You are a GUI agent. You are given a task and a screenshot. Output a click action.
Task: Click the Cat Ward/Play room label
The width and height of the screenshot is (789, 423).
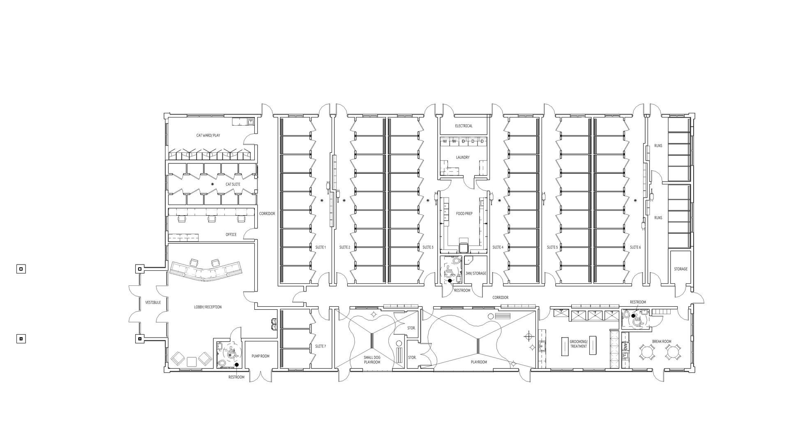(x=208, y=135)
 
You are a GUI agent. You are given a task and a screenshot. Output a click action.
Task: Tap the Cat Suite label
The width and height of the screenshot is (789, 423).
(x=233, y=184)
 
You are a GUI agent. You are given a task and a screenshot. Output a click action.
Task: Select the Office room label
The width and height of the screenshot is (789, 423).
(x=231, y=234)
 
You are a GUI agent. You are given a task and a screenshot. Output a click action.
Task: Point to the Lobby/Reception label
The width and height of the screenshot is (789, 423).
(x=208, y=307)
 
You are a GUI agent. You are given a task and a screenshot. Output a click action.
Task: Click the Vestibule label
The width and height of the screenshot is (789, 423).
(x=153, y=303)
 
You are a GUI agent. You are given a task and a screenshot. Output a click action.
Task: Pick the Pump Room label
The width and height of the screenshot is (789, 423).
(x=261, y=356)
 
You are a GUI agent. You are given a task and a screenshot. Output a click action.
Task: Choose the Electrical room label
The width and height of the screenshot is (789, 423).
(x=464, y=126)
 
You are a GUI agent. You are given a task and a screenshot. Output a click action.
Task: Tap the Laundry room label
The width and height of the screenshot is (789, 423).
(x=463, y=157)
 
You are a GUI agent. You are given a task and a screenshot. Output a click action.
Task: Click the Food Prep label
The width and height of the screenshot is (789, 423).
(x=464, y=214)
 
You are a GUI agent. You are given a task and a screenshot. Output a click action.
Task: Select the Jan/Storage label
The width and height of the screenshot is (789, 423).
(x=476, y=273)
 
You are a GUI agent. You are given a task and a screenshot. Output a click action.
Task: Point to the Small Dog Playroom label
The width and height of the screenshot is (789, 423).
(x=372, y=360)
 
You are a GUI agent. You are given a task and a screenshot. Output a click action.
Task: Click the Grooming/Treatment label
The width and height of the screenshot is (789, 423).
(x=579, y=344)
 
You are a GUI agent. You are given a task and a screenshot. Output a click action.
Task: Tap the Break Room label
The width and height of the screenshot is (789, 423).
(x=662, y=341)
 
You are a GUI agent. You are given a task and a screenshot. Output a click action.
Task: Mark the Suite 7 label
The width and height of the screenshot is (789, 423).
(x=321, y=346)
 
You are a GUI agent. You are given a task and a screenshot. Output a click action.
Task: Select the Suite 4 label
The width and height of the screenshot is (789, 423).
(x=498, y=247)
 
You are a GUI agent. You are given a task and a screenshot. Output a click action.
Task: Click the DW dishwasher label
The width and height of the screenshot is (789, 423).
(x=625, y=347)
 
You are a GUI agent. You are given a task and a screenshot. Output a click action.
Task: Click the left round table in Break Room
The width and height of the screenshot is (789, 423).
(x=647, y=352)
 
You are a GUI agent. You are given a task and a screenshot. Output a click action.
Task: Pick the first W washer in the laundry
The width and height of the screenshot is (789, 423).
(x=445, y=141)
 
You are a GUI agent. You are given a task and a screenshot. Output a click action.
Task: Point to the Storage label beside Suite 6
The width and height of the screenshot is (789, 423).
(x=681, y=269)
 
